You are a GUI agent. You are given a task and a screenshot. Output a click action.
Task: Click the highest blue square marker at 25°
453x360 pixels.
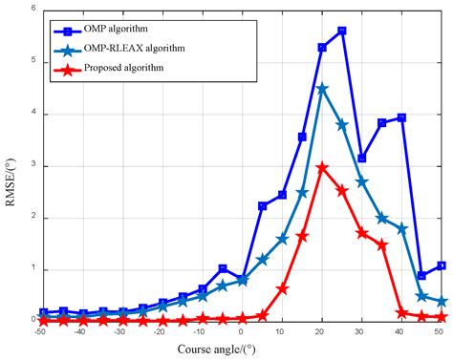tap(342, 31)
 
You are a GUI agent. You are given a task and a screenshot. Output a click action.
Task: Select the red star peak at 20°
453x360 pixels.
tap(322, 167)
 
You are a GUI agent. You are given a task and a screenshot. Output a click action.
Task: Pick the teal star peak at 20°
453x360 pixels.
tap(322, 88)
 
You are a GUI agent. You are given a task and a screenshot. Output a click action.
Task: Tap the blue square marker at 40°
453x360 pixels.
tap(401, 117)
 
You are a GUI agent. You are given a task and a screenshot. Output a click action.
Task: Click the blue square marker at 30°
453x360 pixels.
tap(362, 158)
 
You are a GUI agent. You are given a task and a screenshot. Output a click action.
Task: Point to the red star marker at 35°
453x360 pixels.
tap(382, 245)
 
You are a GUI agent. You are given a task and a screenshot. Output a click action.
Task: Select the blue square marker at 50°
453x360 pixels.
tap(442, 265)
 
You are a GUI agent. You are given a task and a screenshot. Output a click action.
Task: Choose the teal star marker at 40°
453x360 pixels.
tap(401, 228)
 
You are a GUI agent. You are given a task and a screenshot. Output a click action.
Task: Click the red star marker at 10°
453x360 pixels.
tap(282, 288)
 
